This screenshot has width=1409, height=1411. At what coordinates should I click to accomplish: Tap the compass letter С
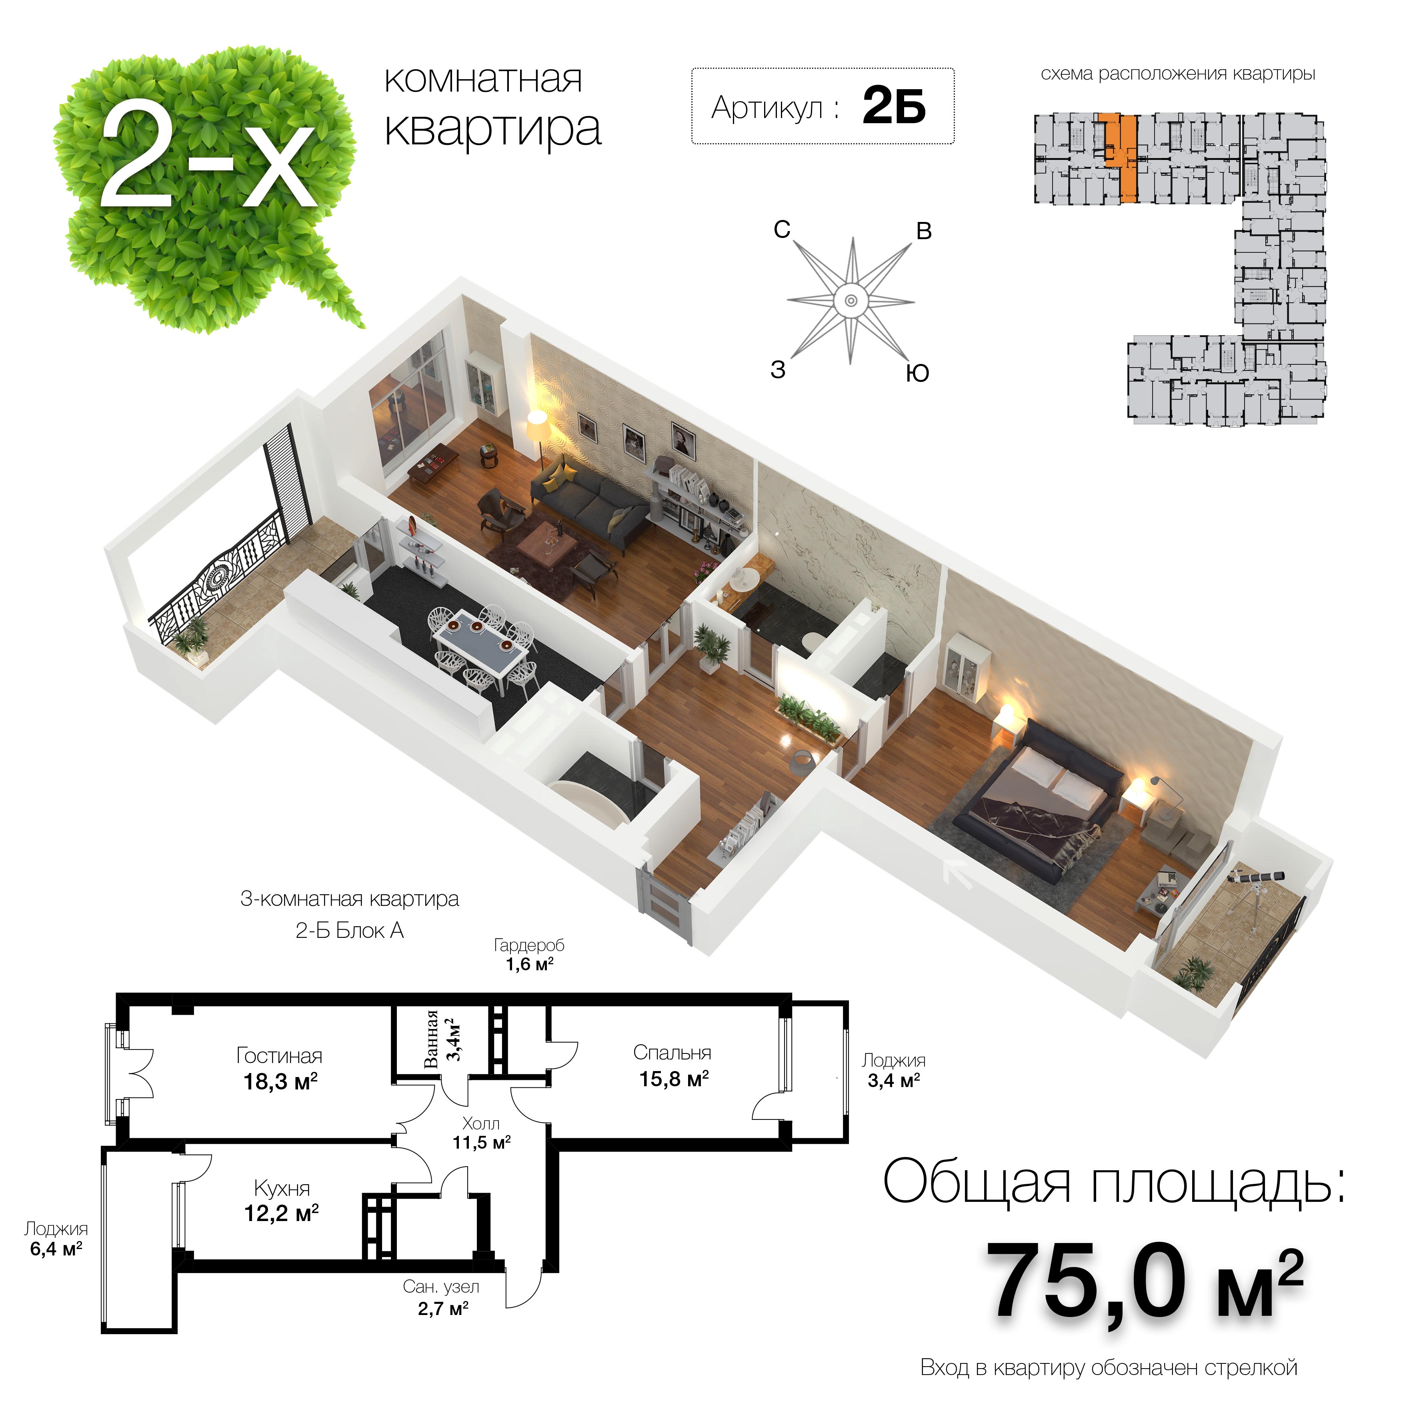[782, 229]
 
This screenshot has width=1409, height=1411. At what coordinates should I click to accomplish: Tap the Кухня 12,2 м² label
[281, 1201]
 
